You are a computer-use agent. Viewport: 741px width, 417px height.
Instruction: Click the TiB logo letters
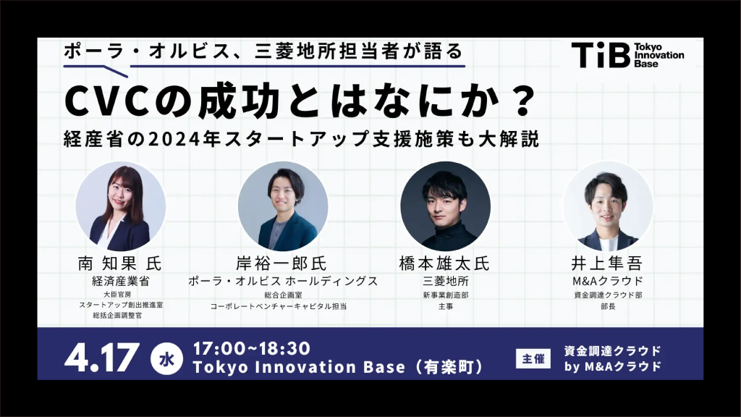click(x=601, y=55)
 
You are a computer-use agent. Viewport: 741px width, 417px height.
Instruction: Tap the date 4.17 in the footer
click(x=101, y=358)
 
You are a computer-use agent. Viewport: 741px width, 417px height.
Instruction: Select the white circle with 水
click(x=166, y=359)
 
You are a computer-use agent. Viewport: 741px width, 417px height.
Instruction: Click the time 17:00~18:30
click(x=251, y=348)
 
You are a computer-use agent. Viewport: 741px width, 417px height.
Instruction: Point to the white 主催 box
click(x=533, y=359)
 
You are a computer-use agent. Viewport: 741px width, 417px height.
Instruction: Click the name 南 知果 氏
click(x=120, y=264)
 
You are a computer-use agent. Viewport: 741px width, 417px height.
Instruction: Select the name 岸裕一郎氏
click(x=281, y=264)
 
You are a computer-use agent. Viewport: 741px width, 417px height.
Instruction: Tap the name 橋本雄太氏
click(x=445, y=264)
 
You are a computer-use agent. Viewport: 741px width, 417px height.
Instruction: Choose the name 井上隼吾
click(x=607, y=264)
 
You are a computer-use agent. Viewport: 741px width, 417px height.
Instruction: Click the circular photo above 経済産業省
click(x=121, y=206)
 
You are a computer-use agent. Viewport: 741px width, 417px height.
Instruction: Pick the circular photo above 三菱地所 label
click(x=445, y=206)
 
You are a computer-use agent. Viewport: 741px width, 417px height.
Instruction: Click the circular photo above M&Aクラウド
click(x=608, y=206)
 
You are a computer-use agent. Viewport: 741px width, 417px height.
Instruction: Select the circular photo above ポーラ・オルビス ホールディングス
click(x=283, y=206)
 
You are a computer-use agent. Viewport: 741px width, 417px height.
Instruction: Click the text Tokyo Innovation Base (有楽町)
click(x=338, y=367)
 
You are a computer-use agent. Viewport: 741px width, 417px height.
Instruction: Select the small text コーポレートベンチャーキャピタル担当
click(x=279, y=306)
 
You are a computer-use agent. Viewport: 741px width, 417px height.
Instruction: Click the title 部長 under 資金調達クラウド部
click(x=608, y=306)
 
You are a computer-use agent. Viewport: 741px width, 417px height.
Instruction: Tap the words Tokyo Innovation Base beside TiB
click(x=659, y=55)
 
